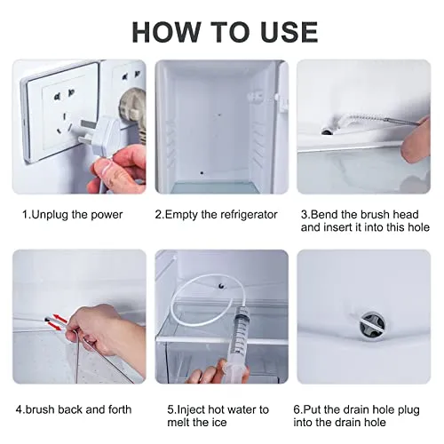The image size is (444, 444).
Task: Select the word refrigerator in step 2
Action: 249,215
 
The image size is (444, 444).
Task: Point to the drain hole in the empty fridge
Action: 202,172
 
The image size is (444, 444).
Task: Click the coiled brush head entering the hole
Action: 353,123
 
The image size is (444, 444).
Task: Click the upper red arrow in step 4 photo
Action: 59,318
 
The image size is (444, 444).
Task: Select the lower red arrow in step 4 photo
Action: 55,326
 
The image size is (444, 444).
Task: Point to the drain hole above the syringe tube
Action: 221,286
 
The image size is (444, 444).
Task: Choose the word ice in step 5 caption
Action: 219,423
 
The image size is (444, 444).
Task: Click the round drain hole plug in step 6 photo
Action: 372,325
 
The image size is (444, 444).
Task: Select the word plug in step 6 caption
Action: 408,410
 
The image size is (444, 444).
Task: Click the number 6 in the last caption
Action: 297,410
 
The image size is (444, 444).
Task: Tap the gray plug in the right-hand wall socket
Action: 131,112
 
